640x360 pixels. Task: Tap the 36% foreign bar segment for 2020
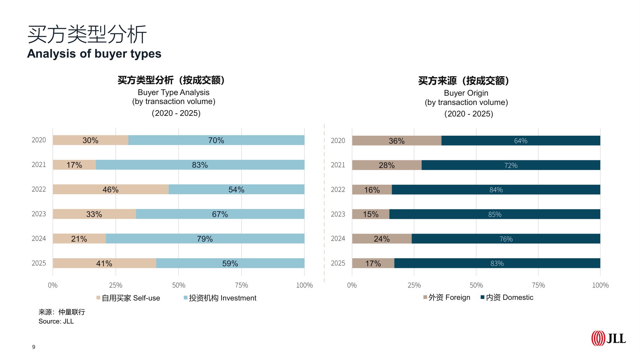(396, 141)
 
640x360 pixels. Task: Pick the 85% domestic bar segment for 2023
(495, 214)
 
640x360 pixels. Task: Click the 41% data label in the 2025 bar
(104, 264)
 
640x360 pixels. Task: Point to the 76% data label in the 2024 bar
(506, 239)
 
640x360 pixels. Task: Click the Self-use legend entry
(128, 298)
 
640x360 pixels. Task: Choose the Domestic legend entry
(507, 298)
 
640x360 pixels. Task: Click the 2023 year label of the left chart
(39, 214)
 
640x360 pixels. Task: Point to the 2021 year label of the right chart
(338, 165)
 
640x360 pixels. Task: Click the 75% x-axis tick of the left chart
(241, 285)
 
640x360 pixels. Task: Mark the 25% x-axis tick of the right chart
(414, 285)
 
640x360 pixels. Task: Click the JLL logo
(608, 339)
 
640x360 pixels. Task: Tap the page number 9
(34, 347)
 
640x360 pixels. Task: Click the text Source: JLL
(56, 321)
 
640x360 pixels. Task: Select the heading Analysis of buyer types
(94, 53)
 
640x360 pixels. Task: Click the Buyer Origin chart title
(466, 93)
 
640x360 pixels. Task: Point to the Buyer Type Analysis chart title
(173, 92)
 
